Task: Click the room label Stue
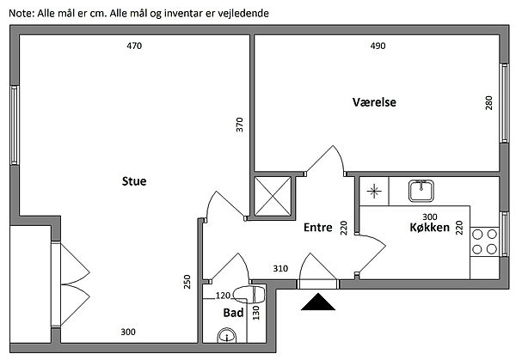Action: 133,181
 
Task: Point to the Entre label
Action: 318,229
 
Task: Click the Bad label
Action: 233,314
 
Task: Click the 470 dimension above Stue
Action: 133,46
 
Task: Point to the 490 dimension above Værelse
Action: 377,46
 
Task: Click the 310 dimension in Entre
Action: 280,269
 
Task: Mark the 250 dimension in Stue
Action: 187,282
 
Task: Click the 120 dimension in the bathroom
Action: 223,295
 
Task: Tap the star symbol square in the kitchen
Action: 374,191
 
